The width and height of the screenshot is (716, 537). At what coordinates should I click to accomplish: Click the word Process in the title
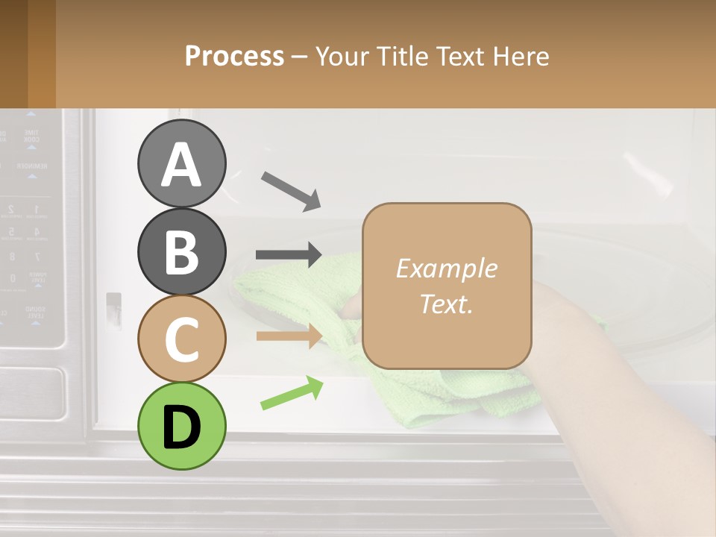[x=234, y=57]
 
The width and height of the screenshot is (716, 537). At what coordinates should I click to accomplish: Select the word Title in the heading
[x=400, y=57]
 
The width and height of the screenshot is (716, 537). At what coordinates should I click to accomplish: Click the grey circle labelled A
[x=181, y=163]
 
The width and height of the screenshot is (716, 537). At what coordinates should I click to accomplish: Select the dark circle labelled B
[x=181, y=251]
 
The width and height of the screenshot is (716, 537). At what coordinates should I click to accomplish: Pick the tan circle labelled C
[x=181, y=339]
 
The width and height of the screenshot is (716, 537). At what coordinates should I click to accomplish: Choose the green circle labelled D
[x=181, y=426]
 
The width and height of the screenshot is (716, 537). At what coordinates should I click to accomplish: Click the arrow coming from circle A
[x=291, y=189]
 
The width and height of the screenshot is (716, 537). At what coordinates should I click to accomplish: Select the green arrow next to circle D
[x=292, y=393]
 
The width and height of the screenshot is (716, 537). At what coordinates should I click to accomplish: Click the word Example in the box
[x=446, y=268]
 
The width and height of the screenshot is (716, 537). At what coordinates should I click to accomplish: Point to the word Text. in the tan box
[x=446, y=304]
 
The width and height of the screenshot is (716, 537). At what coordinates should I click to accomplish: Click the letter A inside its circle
[x=181, y=165]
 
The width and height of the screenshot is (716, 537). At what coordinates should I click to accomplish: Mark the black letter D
[x=181, y=427]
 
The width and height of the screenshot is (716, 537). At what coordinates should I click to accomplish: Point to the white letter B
[x=181, y=252]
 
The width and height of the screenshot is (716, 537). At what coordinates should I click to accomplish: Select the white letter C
[x=181, y=339]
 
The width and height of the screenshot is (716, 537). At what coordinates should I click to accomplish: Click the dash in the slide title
[x=299, y=57]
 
